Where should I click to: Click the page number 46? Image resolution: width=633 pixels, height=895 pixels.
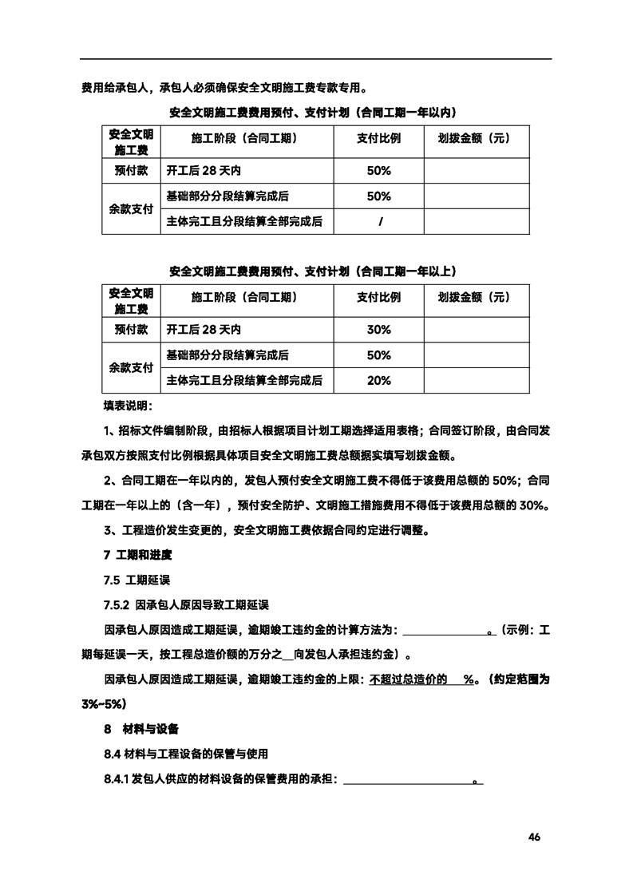click(534, 837)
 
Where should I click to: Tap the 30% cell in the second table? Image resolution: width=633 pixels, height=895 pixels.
click(378, 329)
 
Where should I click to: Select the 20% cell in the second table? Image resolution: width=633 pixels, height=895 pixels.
click(378, 380)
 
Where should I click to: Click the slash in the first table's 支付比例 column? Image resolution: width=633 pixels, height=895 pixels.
click(378, 221)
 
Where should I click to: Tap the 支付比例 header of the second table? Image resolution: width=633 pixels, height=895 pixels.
click(378, 297)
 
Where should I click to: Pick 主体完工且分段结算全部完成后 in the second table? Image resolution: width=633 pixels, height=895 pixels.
click(244, 380)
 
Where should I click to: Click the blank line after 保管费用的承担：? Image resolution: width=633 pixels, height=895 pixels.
click(409, 779)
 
